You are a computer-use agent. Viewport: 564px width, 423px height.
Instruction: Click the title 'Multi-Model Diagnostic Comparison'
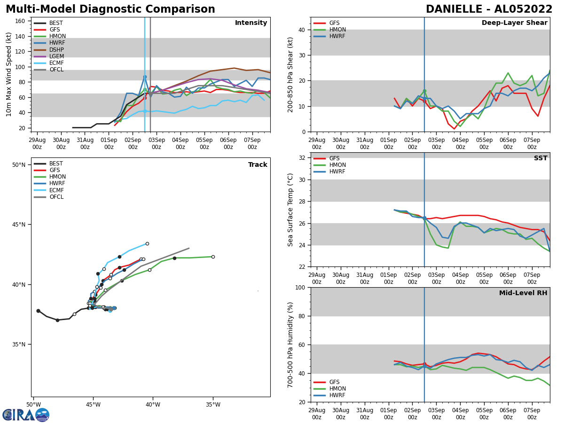pyautogui.click(x=110, y=9)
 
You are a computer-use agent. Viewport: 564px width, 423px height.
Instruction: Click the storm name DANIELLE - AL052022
pyautogui.click(x=489, y=9)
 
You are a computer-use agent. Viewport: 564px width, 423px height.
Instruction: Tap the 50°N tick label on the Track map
pyautogui.click(x=19, y=165)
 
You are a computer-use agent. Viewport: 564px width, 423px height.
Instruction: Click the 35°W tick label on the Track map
pyautogui.click(x=213, y=405)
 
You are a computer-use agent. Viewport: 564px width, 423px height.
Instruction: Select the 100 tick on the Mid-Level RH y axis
pyautogui.click(x=300, y=288)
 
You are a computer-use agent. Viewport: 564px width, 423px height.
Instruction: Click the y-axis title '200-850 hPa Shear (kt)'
pyautogui.click(x=291, y=74)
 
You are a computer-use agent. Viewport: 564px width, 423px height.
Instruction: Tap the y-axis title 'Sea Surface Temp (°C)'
pyautogui.click(x=291, y=210)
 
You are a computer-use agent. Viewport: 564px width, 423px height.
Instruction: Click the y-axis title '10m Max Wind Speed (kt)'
pyautogui.click(x=9, y=74)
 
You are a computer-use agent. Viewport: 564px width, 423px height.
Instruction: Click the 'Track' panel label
pyautogui.click(x=258, y=165)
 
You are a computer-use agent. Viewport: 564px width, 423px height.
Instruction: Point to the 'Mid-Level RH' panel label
pyautogui.click(x=523, y=293)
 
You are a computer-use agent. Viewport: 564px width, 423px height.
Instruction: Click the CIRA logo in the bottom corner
pyautogui.click(x=26, y=415)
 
